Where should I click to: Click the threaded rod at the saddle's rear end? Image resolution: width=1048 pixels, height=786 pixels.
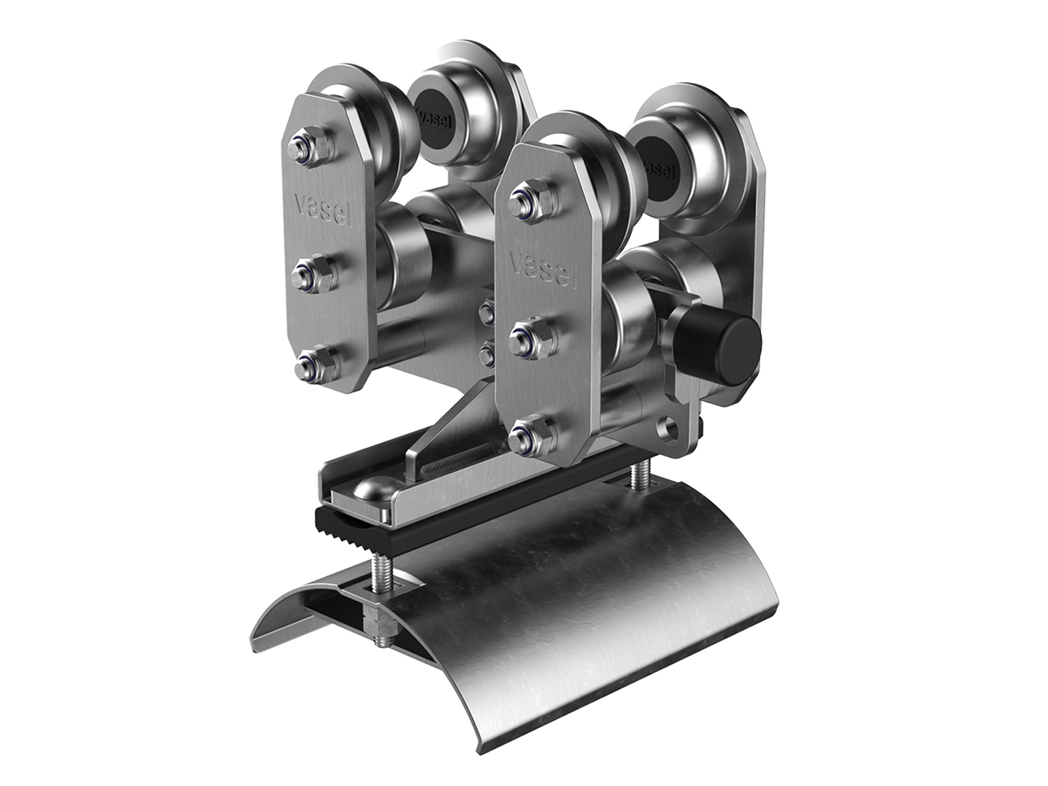640,476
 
